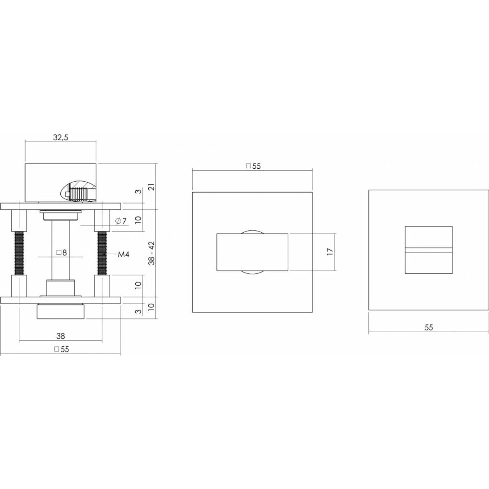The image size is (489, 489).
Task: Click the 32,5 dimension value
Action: (61, 138)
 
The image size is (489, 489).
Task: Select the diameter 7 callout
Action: (121, 221)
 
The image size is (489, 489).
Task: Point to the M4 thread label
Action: (123, 254)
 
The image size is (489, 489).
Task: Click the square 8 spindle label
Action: (62, 253)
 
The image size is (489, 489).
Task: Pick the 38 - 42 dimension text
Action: (152, 253)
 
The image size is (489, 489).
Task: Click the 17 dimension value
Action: (330, 252)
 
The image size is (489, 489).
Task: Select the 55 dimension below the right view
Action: (429, 328)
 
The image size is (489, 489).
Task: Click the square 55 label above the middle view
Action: (253, 166)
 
